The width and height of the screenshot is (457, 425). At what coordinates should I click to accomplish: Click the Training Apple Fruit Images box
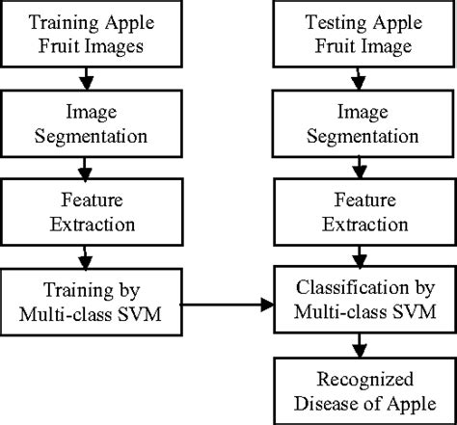(89, 34)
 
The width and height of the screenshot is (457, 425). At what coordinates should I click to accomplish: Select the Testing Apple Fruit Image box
(357, 34)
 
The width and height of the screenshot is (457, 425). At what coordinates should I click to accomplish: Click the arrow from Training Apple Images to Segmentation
(89, 76)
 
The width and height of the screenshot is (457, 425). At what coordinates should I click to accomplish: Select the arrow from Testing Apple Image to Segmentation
(357, 76)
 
